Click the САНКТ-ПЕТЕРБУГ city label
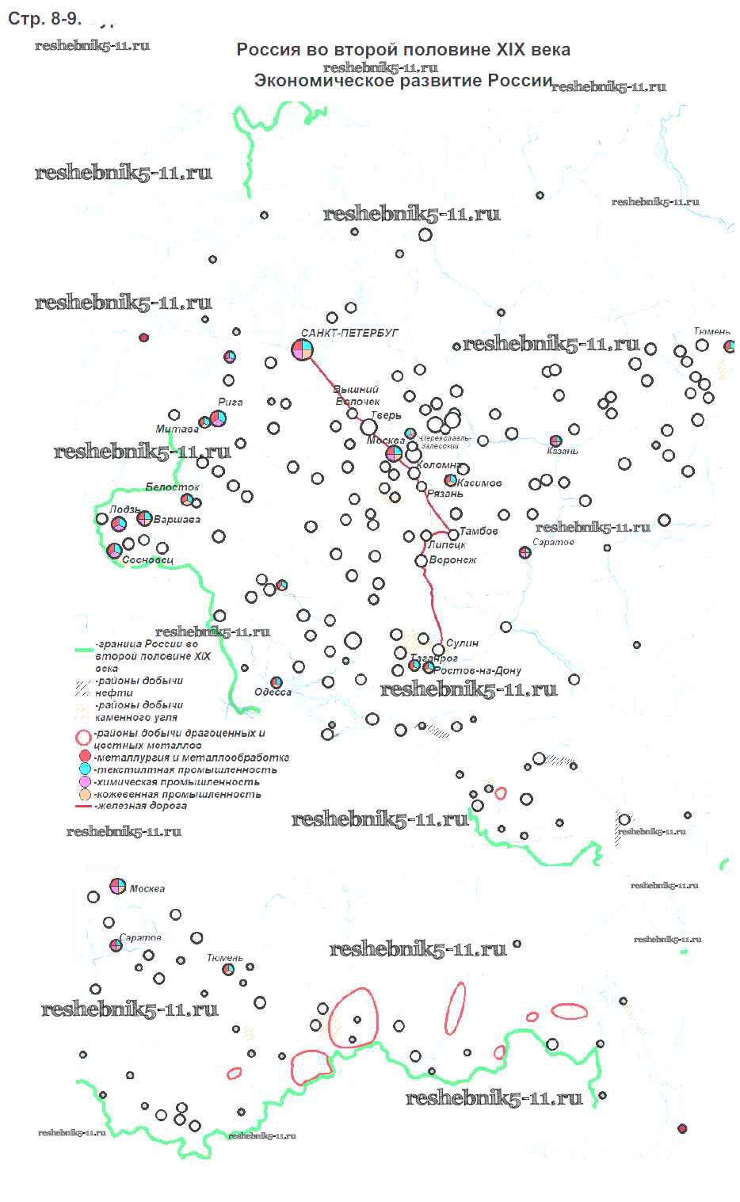[x=349, y=334]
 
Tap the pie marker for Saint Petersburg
[x=303, y=349]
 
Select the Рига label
[x=230, y=402]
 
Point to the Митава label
[x=177, y=429]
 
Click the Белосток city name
[x=172, y=487]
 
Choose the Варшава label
[x=177, y=520]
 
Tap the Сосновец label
[x=147, y=560]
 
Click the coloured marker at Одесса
[x=277, y=681]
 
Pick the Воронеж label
[x=452, y=560]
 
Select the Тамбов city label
[x=479, y=531]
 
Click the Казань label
[x=563, y=451]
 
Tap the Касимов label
[x=479, y=483]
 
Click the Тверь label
[x=387, y=415]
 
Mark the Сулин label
[x=462, y=643]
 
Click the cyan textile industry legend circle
[x=86, y=769]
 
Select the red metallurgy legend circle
[x=86, y=757]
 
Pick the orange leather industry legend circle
[x=86, y=794]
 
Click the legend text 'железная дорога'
[x=140, y=806]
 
